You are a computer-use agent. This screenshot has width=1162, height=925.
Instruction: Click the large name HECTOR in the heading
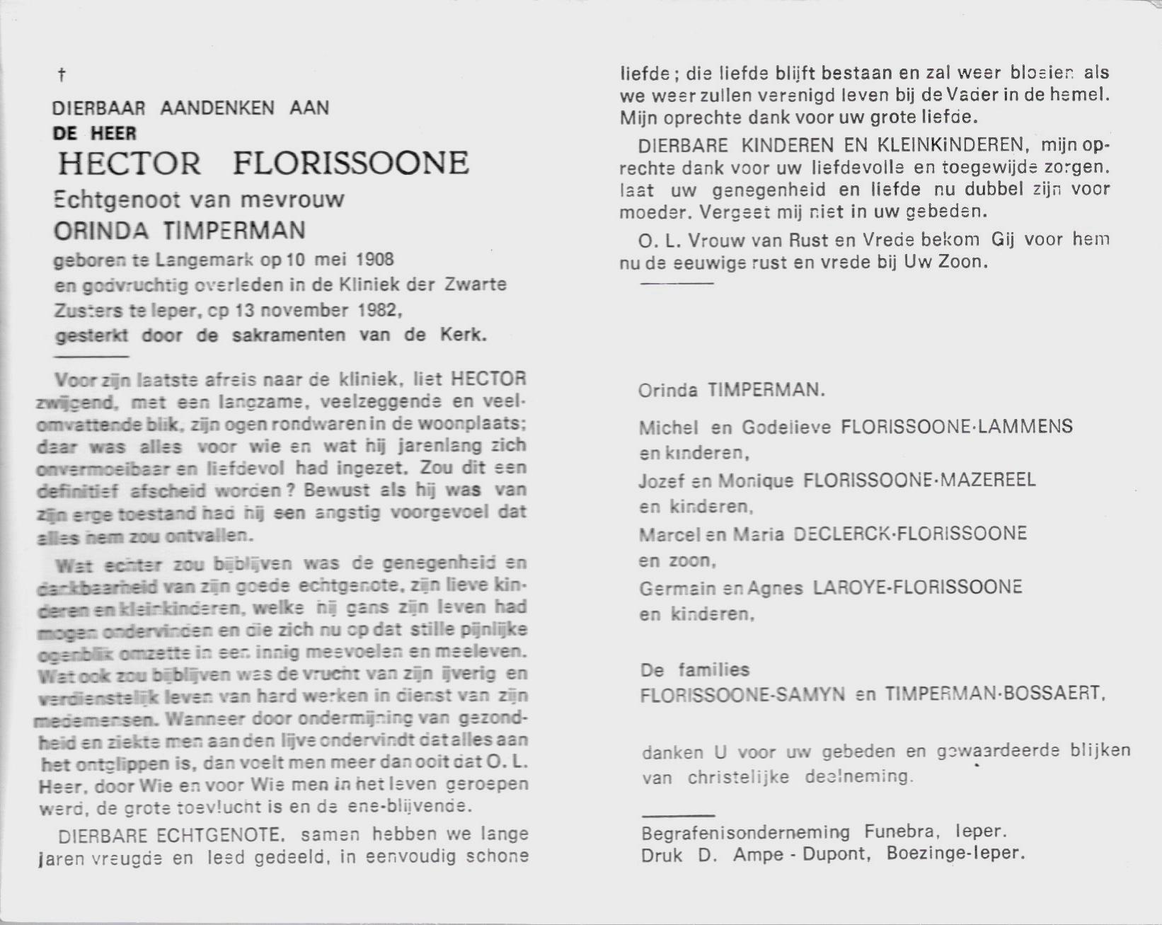129,164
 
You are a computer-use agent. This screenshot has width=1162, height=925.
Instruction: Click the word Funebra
900,832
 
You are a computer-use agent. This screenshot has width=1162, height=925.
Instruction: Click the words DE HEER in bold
94,134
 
